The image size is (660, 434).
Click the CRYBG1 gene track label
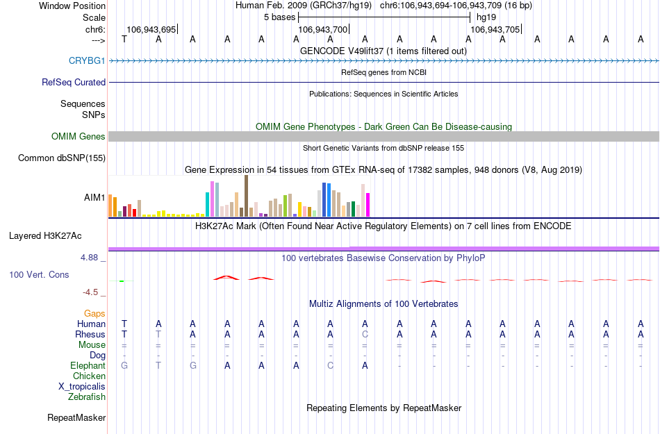coord(87,61)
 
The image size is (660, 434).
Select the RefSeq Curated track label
coord(74,82)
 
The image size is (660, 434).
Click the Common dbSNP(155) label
coord(62,158)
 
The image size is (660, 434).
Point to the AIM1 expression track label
coord(94,198)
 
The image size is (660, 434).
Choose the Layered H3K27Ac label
coord(58,235)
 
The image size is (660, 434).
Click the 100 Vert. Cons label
coord(39,275)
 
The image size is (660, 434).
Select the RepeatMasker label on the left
coord(76,418)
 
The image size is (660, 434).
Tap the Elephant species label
coord(88,366)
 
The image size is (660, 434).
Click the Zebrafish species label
coord(87,397)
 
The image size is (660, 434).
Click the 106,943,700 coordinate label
coord(322,30)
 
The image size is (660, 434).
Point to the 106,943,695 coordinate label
coord(151,30)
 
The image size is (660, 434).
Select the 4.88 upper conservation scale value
coord(93,258)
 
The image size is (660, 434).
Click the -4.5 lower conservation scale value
coord(93,292)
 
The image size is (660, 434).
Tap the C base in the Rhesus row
coord(365,334)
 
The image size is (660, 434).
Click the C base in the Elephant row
coord(331,366)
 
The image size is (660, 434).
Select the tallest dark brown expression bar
coord(246,196)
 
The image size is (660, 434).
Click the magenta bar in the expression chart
coord(368,205)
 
